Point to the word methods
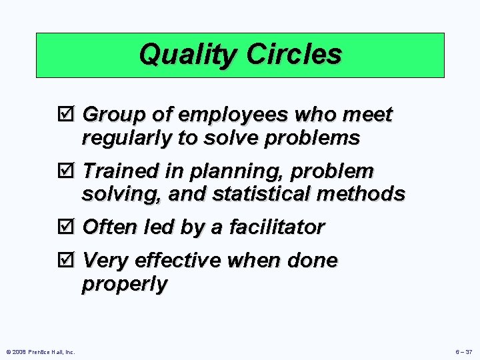coord(363,194)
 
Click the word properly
coord(125,285)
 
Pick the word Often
coord(110,227)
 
